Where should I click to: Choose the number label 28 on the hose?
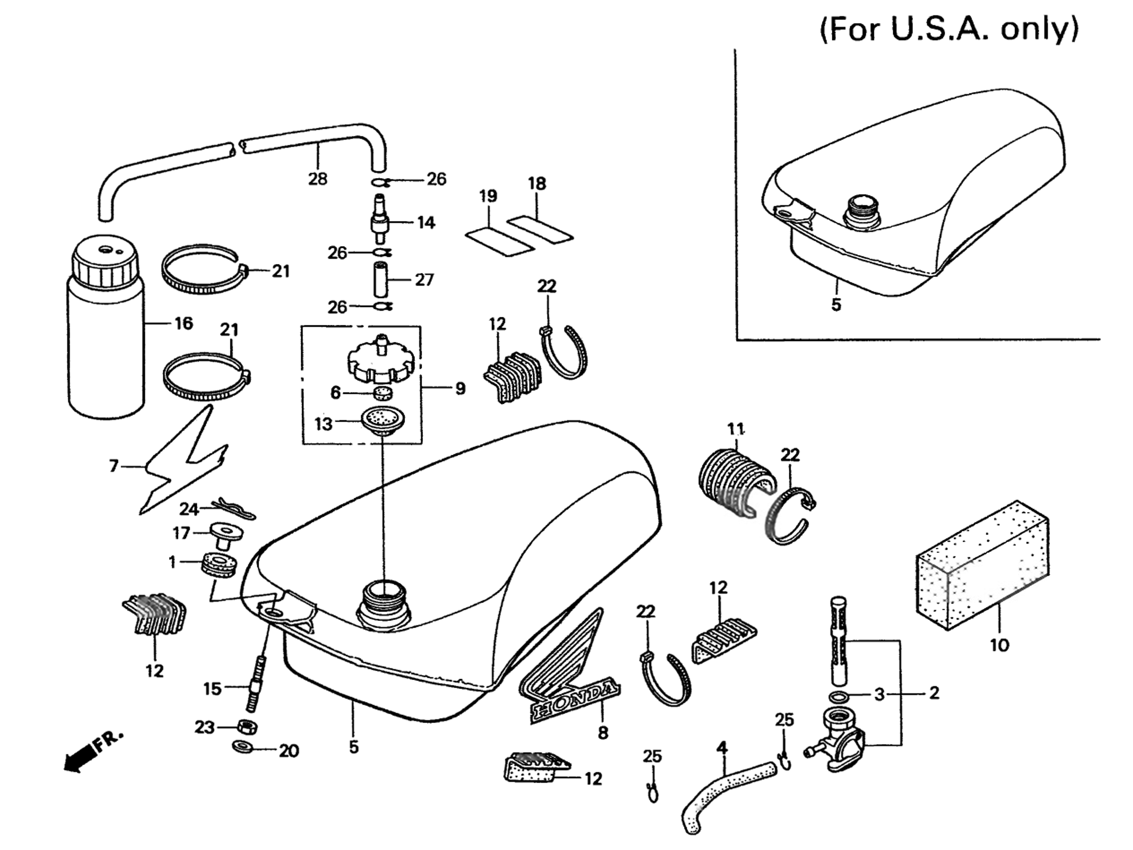coord(318,179)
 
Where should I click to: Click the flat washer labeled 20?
coord(241,749)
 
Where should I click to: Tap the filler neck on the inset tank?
coord(861,210)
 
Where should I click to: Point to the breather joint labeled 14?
coord(380,221)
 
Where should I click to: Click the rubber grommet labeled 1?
coord(221,563)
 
